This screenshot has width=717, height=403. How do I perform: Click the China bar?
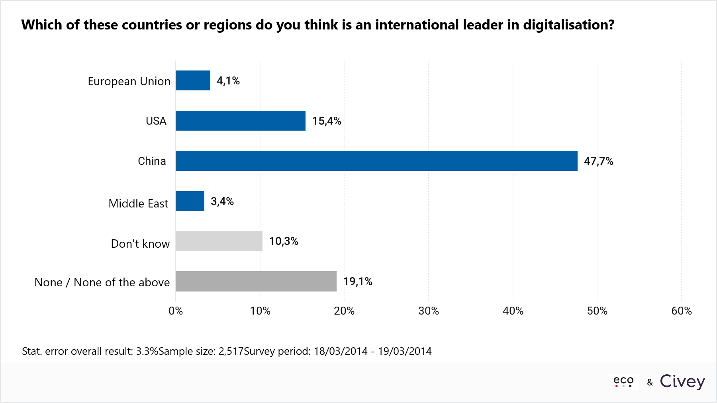pyautogui.click(x=376, y=161)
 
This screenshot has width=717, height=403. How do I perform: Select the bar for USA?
pyautogui.click(x=241, y=121)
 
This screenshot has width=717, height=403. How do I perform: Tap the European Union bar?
pyautogui.click(x=193, y=80)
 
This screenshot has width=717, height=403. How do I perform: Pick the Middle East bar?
pyautogui.click(x=190, y=201)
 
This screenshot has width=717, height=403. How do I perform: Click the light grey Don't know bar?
pyautogui.click(x=219, y=241)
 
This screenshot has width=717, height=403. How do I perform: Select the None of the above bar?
pyautogui.click(x=256, y=281)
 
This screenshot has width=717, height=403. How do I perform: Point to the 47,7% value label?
pyautogui.click(x=598, y=161)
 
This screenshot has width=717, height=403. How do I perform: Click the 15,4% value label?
pyautogui.click(x=327, y=121)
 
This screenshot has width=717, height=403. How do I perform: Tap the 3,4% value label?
pyautogui.click(x=222, y=201)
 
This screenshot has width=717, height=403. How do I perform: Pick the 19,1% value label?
pyautogui.click(x=358, y=282)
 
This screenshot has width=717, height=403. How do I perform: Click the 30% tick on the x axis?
pyautogui.click(x=429, y=311)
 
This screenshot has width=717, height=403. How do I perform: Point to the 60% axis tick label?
pyautogui.click(x=681, y=311)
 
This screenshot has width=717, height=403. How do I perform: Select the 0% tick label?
pyautogui.click(x=176, y=311)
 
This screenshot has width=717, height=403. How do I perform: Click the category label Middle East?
pyautogui.click(x=138, y=203)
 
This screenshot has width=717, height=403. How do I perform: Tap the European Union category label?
pyautogui.click(x=129, y=81)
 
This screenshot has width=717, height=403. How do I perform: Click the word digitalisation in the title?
pyautogui.click(x=568, y=25)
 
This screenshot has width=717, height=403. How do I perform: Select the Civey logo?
pyautogui.click(x=682, y=381)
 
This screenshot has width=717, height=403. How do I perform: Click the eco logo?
pyautogui.click(x=623, y=381)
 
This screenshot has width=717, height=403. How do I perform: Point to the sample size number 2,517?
pyautogui.click(x=231, y=351)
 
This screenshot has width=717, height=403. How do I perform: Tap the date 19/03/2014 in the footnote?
pyautogui.click(x=405, y=351)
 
